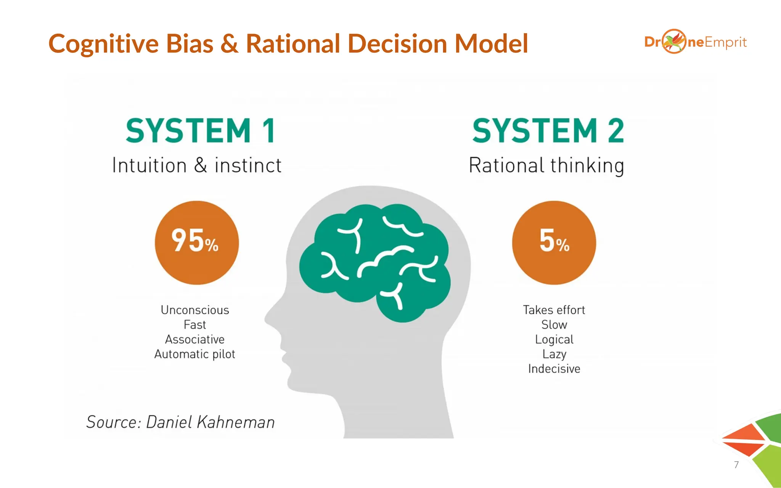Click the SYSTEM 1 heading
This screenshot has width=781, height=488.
tap(201, 131)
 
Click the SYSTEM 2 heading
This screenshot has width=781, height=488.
tap(548, 131)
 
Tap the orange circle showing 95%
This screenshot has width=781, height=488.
tap(197, 242)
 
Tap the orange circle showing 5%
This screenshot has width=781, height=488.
tap(554, 242)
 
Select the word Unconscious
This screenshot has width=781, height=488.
tap(195, 310)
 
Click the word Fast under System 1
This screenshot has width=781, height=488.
tap(195, 325)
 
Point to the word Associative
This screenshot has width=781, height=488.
tap(195, 339)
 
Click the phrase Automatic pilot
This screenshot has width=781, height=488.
tap(195, 354)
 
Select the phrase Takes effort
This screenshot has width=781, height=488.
tap(554, 310)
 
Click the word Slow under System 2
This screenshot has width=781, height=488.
tap(554, 325)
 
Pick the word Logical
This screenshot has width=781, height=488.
tap(554, 339)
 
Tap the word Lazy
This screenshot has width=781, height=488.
tap(554, 354)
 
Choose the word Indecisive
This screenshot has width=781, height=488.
tap(554, 369)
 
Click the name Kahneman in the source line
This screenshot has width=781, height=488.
tap(236, 422)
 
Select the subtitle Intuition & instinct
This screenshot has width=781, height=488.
tap(197, 165)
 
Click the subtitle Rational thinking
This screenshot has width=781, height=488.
tap(546, 165)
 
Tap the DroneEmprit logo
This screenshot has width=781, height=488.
tap(695, 42)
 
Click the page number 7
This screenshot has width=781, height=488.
tap(736, 465)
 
